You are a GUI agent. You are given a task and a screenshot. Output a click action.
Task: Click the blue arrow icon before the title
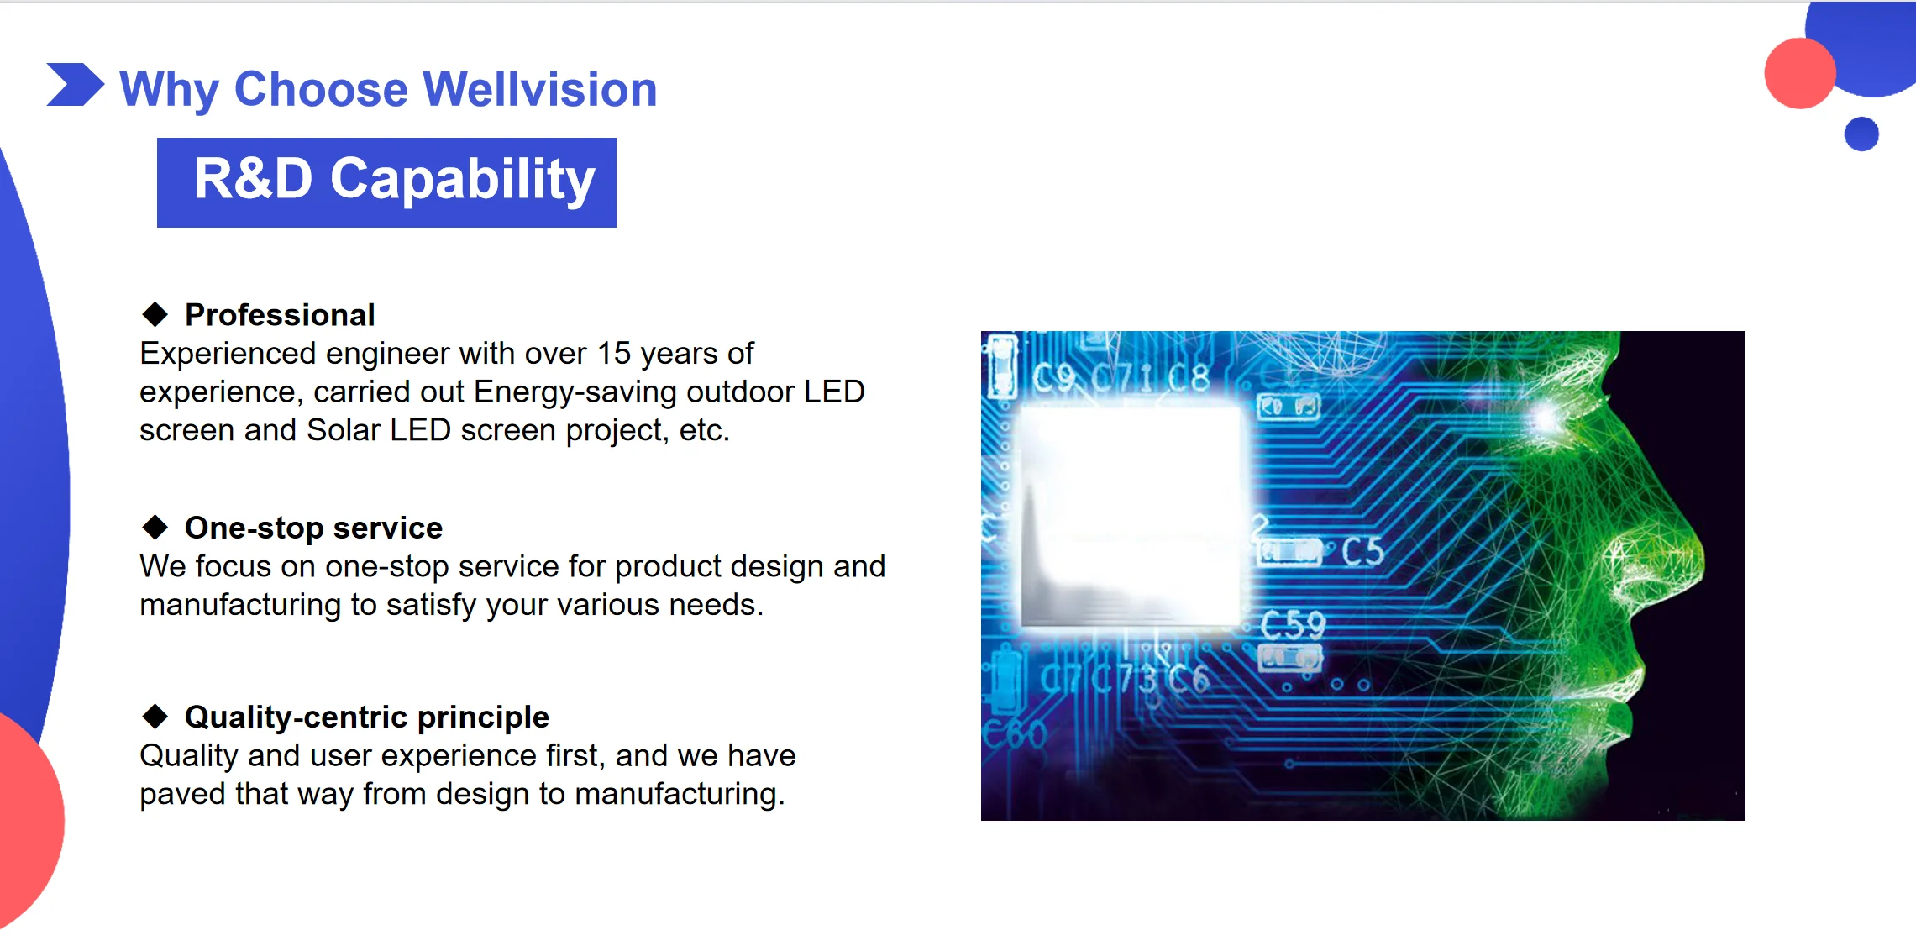(76, 85)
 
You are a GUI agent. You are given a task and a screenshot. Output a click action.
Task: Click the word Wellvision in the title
(540, 89)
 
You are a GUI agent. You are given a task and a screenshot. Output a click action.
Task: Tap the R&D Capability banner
(386, 182)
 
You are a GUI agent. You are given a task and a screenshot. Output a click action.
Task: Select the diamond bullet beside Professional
(155, 314)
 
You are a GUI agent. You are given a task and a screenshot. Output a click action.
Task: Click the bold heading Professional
(280, 315)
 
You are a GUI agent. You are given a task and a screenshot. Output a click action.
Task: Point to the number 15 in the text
(613, 354)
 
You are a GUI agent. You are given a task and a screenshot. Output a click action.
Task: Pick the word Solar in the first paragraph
(344, 430)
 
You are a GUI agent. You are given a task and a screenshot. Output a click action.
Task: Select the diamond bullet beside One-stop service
(155, 528)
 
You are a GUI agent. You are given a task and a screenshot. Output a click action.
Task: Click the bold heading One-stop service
(313, 528)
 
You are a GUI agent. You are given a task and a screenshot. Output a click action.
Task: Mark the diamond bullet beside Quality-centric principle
(155, 717)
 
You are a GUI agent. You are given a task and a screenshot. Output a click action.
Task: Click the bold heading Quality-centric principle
(366, 717)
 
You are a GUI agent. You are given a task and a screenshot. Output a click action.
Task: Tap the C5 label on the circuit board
(1362, 552)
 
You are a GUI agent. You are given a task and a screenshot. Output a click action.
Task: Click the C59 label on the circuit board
(1293, 625)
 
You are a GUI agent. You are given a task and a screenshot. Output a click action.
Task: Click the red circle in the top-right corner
(1800, 73)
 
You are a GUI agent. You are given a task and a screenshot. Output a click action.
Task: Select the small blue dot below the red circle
(1861, 134)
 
